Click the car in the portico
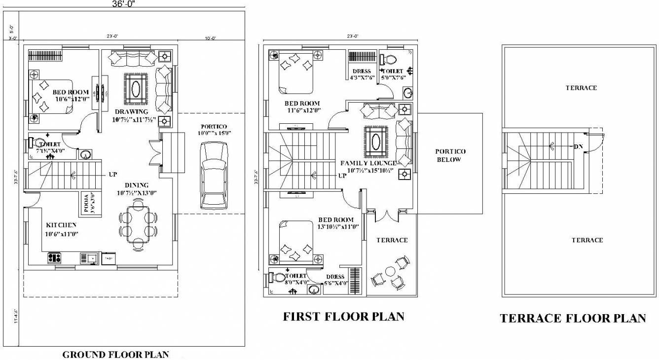point(214,175)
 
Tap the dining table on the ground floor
point(138,224)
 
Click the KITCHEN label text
point(61,225)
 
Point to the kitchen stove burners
point(54,257)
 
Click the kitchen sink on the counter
point(92,257)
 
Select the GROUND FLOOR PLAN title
point(115,354)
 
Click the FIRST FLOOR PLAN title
point(343,317)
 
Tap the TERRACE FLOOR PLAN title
point(573,318)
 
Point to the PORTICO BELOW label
point(450,155)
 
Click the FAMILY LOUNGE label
point(368,163)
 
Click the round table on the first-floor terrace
point(390,271)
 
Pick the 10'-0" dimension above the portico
point(209,36)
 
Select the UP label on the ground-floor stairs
point(112,175)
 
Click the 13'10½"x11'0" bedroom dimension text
point(338,227)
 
